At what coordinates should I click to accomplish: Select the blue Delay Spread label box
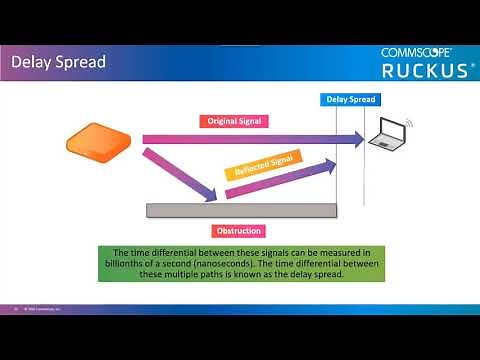pos(350,100)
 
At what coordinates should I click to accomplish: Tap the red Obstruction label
pos(239,231)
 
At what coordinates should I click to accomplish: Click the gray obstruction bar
pos(241,210)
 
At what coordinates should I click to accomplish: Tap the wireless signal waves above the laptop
pos(409,123)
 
